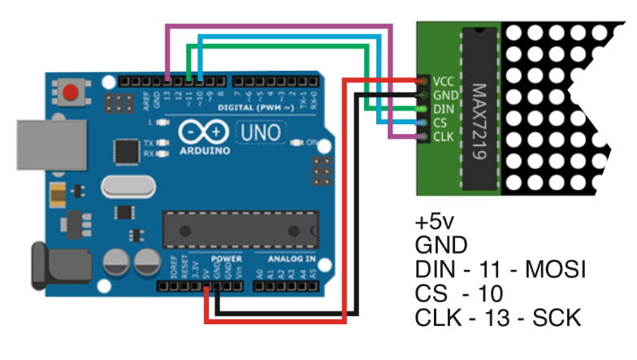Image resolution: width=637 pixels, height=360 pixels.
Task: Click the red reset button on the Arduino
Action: tap(72, 92)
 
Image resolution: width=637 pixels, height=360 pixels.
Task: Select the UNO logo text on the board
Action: tap(258, 131)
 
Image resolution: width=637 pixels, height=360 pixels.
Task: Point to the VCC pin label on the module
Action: tap(443, 82)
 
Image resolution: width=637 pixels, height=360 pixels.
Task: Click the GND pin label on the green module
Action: tap(444, 95)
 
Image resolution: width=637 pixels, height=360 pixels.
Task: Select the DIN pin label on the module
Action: tap(443, 108)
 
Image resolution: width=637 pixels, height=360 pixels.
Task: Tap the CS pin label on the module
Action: tap(440, 122)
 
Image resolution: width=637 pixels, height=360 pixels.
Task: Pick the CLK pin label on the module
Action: tap(443, 136)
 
